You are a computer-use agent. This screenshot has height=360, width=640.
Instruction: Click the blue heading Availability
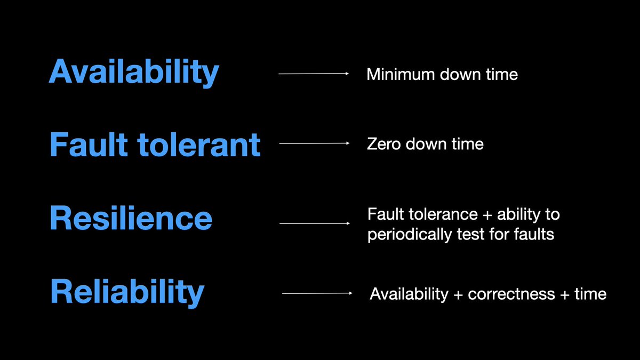click(x=133, y=72)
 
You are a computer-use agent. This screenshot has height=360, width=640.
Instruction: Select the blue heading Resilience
click(x=131, y=218)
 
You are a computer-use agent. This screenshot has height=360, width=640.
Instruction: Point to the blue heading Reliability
click(x=127, y=291)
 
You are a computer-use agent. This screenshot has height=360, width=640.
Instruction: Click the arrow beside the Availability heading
click(x=313, y=74)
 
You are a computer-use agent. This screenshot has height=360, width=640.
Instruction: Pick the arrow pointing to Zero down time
click(x=314, y=143)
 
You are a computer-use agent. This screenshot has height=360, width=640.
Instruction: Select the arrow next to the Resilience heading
click(x=314, y=223)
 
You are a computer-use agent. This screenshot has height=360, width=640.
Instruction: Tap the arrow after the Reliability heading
click(x=317, y=293)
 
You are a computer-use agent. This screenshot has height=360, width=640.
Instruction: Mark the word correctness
click(x=510, y=294)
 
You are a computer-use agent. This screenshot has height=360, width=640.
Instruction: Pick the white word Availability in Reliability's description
click(x=409, y=294)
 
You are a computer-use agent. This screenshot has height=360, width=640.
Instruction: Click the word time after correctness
click(x=590, y=294)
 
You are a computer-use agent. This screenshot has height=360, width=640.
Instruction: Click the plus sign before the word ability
click(x=487, y=215)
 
